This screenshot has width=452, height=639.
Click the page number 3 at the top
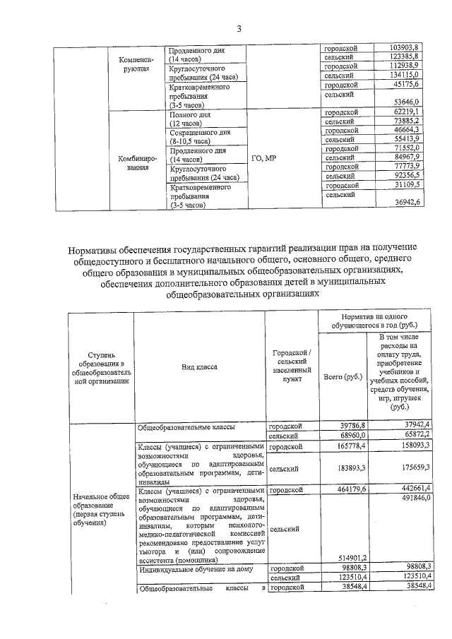tap(239, 29)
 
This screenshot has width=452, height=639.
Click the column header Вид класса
tap(199, 367)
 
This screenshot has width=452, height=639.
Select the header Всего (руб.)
tap(343, 378)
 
